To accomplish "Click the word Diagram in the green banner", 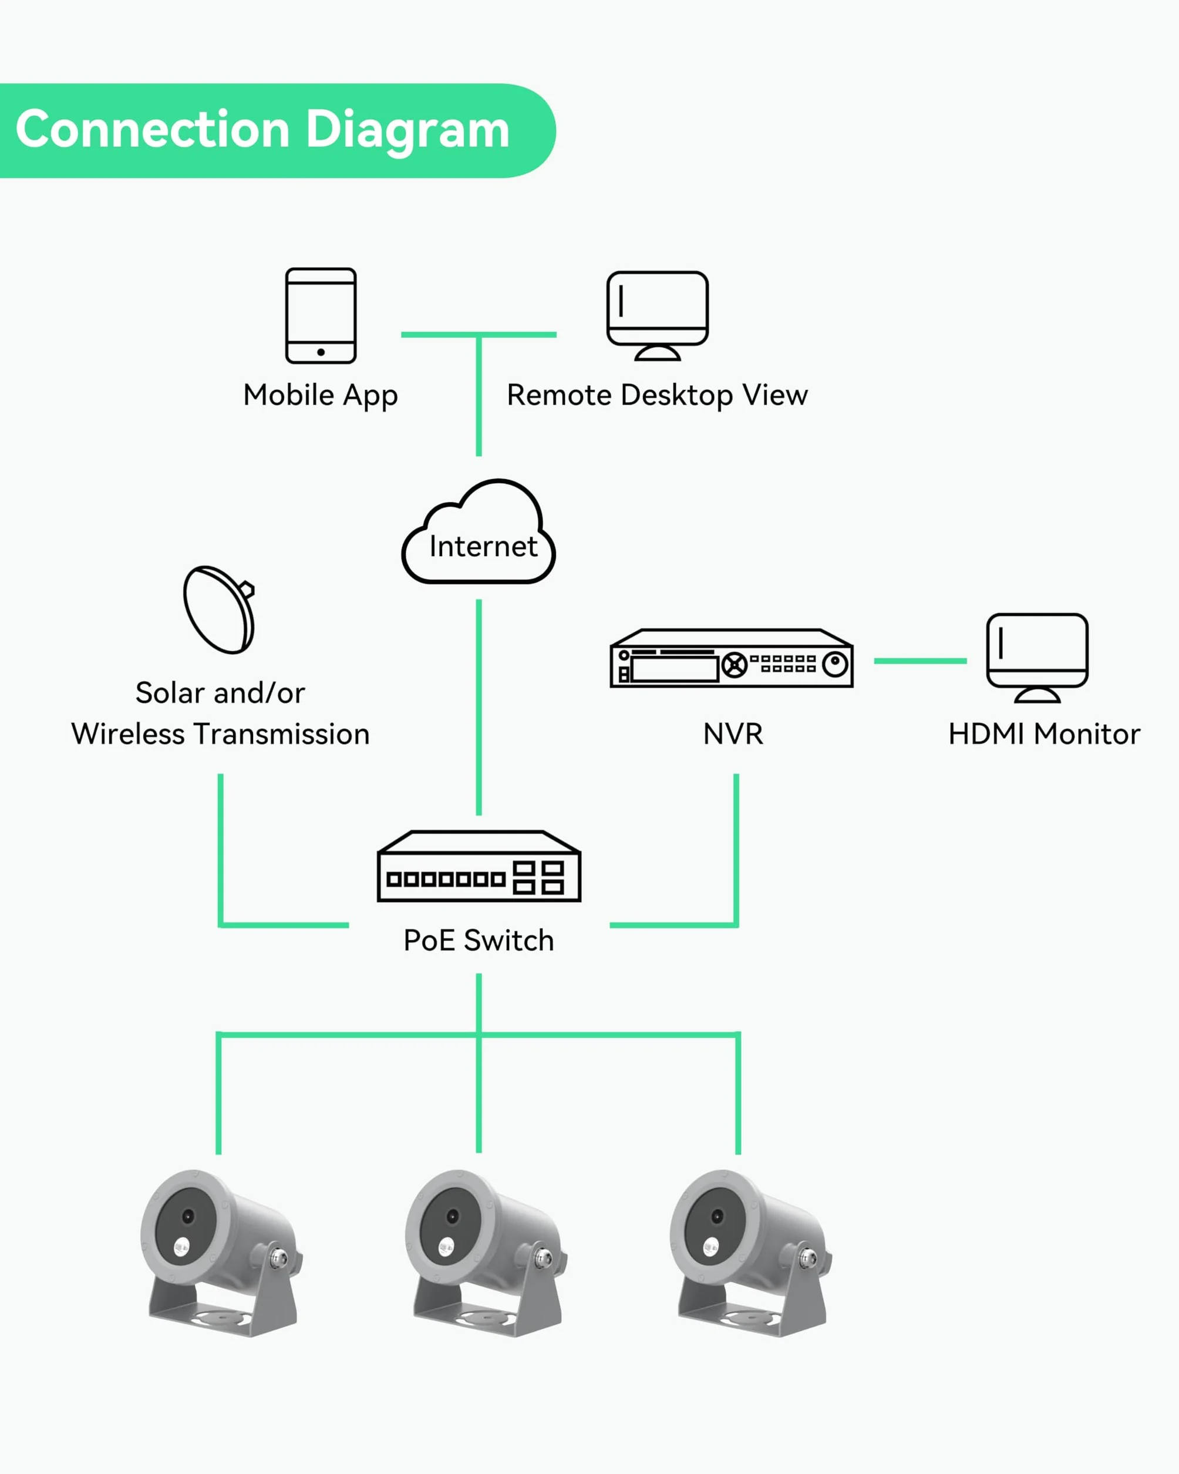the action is tap(407, 130).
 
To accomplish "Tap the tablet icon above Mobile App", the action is tap(321, 315).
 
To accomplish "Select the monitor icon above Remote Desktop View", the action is tap(658, 315).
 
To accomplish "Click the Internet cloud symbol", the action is tap(479, 531).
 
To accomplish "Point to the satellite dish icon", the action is tap(220, 609).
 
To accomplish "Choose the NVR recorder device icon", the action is tap(732, 658).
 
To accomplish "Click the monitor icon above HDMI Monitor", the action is tap(1037, 658).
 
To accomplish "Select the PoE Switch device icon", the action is tap(479, 866).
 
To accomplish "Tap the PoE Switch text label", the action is tap(479, 941).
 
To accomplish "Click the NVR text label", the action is tap(733, 734).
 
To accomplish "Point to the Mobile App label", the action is tap(321, 396).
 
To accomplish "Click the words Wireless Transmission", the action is tap(220, 734).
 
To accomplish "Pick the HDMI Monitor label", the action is tap(1044, 734).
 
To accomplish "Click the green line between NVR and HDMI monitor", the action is tap(920, 661).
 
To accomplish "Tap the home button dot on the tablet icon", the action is tap(321, 352).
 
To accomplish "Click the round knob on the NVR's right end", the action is tap(834, 663).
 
